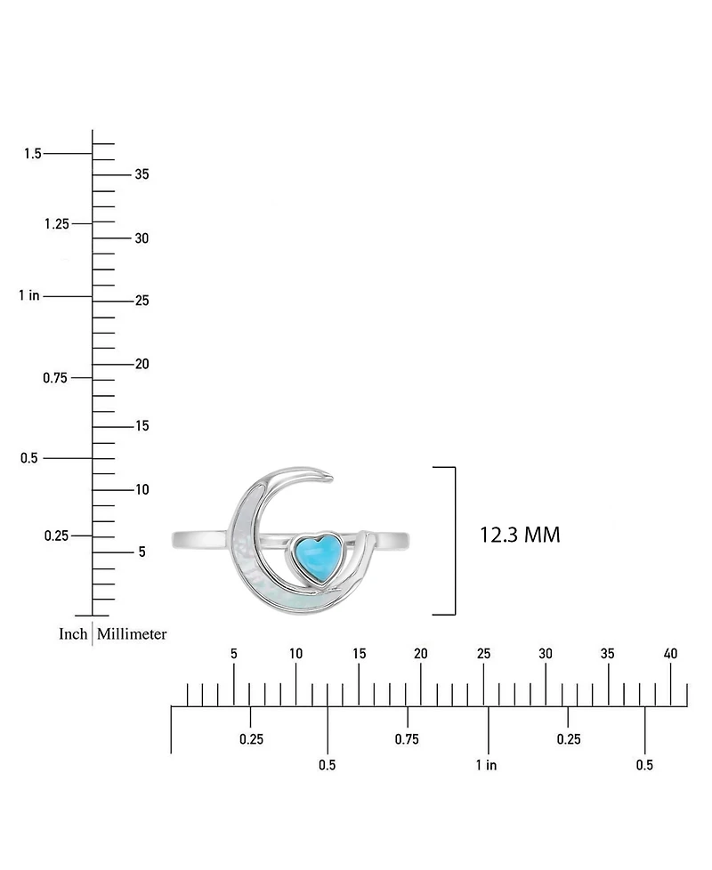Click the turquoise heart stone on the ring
click(x=317, y=558)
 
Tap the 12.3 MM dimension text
click(x=520, y=535)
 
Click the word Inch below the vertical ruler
click(x=73, y=633)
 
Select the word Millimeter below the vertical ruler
click(x=132, y=633)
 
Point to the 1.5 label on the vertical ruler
click(x=33, y=153)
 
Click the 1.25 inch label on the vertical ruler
click(x=57, y=224)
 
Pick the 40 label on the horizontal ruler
click(x=670, y=654)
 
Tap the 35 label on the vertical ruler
click(x=142, y=174)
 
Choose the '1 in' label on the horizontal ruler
click(x=486, y=765)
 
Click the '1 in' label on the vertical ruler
click(x=28, y=295)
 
